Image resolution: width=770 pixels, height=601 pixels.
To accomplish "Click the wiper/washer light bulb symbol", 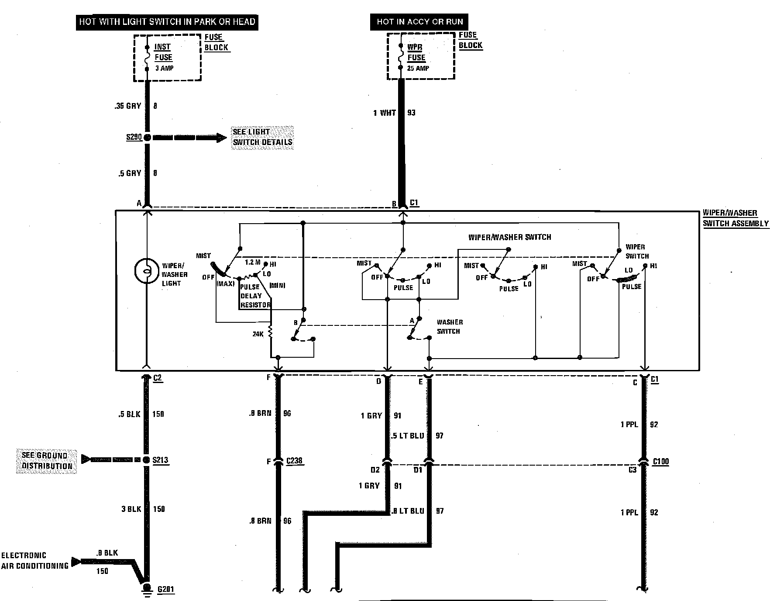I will pos(147,271).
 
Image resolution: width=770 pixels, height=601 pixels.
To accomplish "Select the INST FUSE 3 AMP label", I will pos(163,57).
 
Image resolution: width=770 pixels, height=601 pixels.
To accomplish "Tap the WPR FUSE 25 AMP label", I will pos(417,57).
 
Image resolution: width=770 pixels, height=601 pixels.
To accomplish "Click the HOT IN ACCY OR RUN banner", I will pos(419,22).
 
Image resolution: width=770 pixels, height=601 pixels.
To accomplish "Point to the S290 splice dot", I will pos(147,138).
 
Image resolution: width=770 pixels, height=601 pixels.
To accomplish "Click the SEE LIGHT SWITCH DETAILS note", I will pos(262,137).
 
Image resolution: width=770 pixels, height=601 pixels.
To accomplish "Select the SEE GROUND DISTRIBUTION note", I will pos(47,461).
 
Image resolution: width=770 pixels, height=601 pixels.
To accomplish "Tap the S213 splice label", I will pos(160,460).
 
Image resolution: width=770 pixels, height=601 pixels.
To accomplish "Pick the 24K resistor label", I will pos(258,334).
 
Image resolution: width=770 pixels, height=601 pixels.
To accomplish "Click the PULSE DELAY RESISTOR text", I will pos(255,296).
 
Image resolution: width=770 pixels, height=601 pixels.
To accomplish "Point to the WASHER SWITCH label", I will pos(449,327).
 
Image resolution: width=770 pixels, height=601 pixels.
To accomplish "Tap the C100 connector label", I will pos(661,461).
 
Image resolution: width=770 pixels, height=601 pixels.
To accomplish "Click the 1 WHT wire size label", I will pos(384,113).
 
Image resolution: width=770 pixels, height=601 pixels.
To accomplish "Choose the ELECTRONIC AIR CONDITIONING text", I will pos(34,560).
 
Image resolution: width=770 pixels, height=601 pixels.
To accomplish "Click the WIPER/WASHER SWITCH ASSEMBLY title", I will pos(735,218).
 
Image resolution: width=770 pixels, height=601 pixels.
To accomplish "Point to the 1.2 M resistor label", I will pos(252,262).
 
